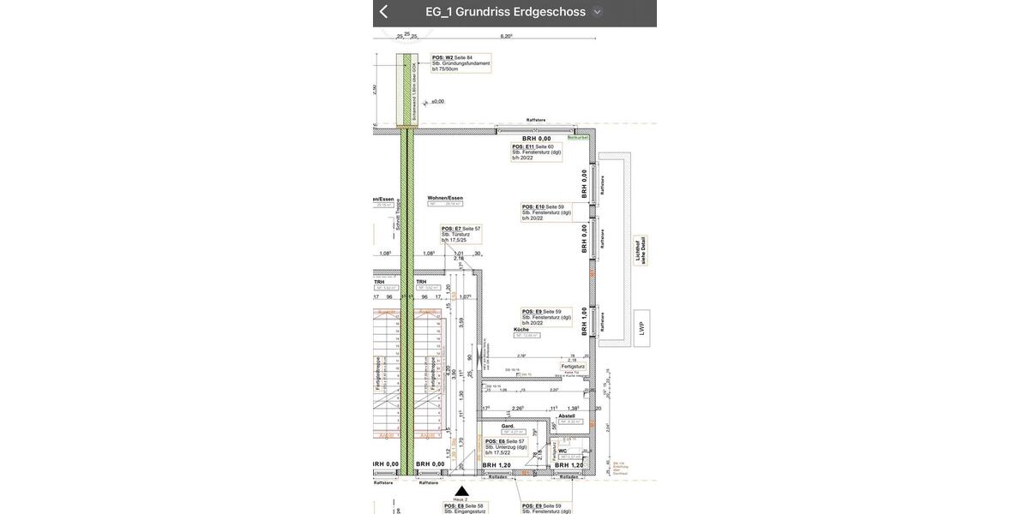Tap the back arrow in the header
(x=384, y=12)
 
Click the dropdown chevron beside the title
(x=598, y=12)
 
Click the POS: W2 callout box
(x=461, y=63)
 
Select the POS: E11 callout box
(x=536, y=152)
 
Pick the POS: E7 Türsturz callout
(x=461, y=235)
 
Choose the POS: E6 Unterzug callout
(x=506, y=447)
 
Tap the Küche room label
(x=521, y=330)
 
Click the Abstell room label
(x=567, y=416)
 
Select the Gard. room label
(x=508, y=427)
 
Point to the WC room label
(x=563, y=451)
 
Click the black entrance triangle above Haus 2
(x=461, y=492)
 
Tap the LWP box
(x=641, y=328)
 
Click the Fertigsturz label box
(x=573, y=367)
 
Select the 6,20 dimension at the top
(x=507, y=37)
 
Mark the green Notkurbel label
(x=578, y=137)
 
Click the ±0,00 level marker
(x=437, y=102)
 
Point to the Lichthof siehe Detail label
(x=640, y=250)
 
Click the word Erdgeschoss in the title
(x=550, y=12)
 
